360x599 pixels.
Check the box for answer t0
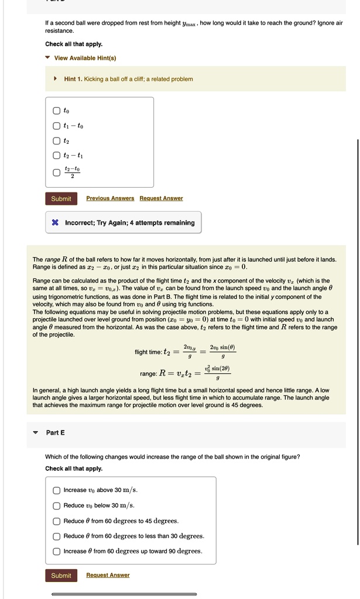(56, 111)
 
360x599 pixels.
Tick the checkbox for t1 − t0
(56, 126)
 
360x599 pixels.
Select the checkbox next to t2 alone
(56, 141)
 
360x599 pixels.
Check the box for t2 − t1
(56, 156)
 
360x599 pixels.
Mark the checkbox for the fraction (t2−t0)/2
(56, 172)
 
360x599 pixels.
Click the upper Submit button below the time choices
(61, 199)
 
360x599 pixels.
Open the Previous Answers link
(110, 198)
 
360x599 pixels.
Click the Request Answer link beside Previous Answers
(161, 198)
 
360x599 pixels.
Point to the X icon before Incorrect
(55, 222)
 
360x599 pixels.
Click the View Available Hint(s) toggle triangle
(48, 58)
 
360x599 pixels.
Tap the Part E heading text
(55, 432)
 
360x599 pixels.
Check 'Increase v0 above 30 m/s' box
(56, 490)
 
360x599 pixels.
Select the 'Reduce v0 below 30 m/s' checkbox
(56, 505)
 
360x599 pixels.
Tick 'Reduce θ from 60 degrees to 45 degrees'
(56, 521)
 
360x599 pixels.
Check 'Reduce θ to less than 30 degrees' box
(56, 536)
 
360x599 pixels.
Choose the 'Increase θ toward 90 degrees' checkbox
(56, 551)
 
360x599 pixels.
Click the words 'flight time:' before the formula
(149, 352)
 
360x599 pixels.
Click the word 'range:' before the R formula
(149, 373)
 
